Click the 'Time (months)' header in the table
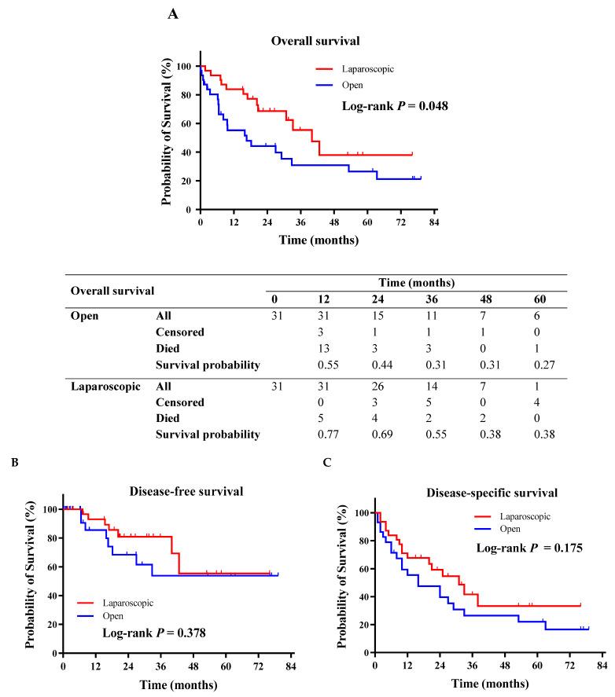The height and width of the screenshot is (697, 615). coord(416,281)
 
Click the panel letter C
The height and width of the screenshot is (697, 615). coord(327,463)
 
